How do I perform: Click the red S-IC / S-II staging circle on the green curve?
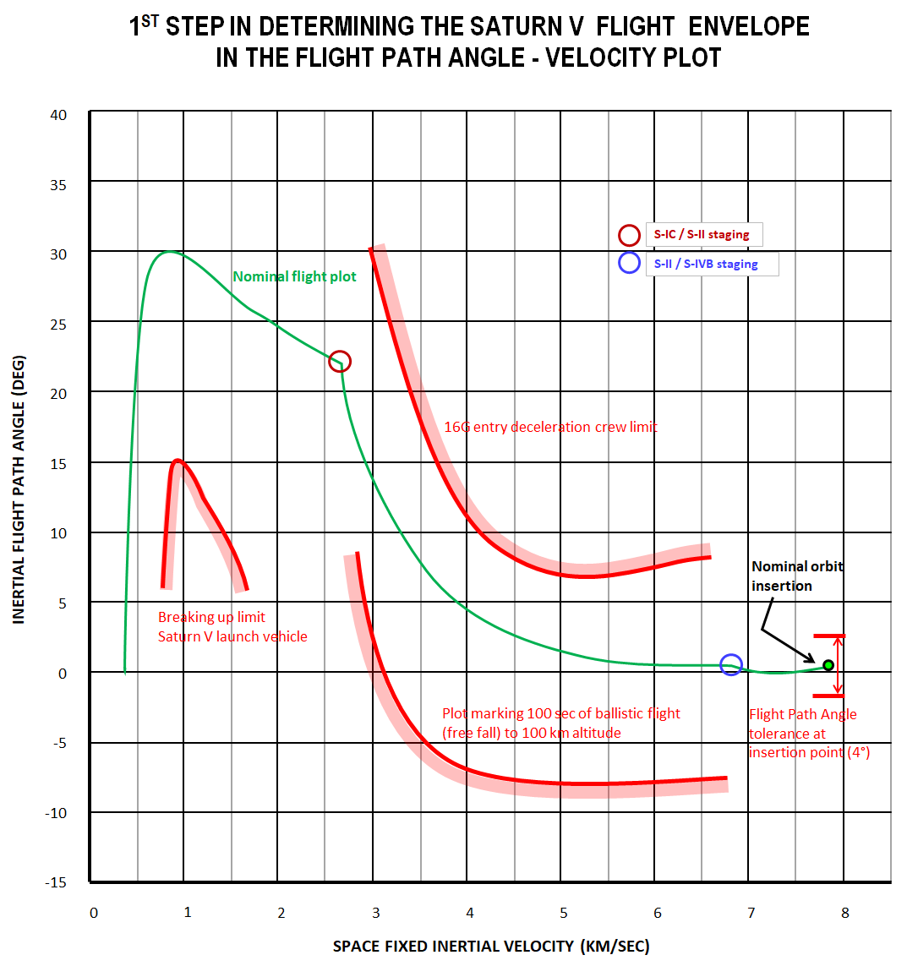339,362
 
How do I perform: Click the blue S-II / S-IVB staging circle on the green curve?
731,665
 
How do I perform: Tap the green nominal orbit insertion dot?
828,665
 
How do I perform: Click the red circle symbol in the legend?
629,235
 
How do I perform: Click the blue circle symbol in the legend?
629,263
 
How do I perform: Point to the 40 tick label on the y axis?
58,115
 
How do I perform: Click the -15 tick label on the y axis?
56,882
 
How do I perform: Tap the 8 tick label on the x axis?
844,913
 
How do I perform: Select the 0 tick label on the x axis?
94,913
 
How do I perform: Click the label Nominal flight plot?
294,276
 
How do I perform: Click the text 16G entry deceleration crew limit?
550,427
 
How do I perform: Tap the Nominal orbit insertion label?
796,576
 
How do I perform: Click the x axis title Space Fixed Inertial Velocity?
490,946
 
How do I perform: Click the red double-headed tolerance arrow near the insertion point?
838,665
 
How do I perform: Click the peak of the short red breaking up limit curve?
178,461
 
